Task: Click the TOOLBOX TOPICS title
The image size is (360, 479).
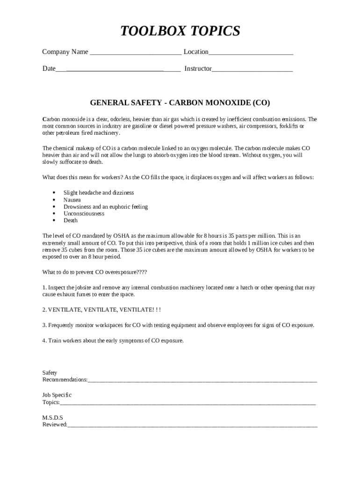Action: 180,31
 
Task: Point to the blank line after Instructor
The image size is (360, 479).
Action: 252,70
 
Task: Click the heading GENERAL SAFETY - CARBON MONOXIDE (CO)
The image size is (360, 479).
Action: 180,102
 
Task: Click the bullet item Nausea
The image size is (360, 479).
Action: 72,200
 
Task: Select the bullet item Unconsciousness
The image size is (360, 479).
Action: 84,213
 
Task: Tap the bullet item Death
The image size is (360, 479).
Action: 71,220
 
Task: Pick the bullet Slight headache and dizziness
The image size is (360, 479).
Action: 99,193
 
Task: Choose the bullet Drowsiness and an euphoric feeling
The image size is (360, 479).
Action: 106,207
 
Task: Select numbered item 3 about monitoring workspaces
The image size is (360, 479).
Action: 178,325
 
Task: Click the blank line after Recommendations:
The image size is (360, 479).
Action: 202,380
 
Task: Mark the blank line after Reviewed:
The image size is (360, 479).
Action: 192,425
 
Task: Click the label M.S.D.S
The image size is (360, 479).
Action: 53,417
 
